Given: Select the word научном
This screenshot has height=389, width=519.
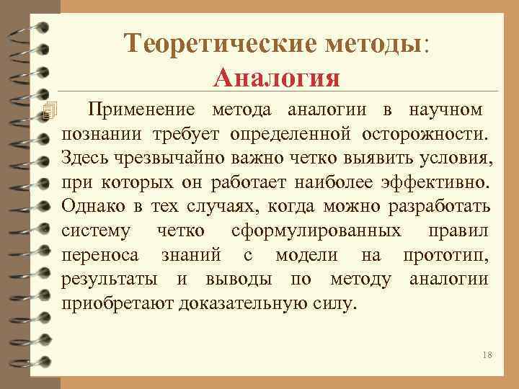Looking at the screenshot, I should coord(445,109).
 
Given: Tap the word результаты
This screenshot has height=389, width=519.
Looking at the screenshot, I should coord(111,280).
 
